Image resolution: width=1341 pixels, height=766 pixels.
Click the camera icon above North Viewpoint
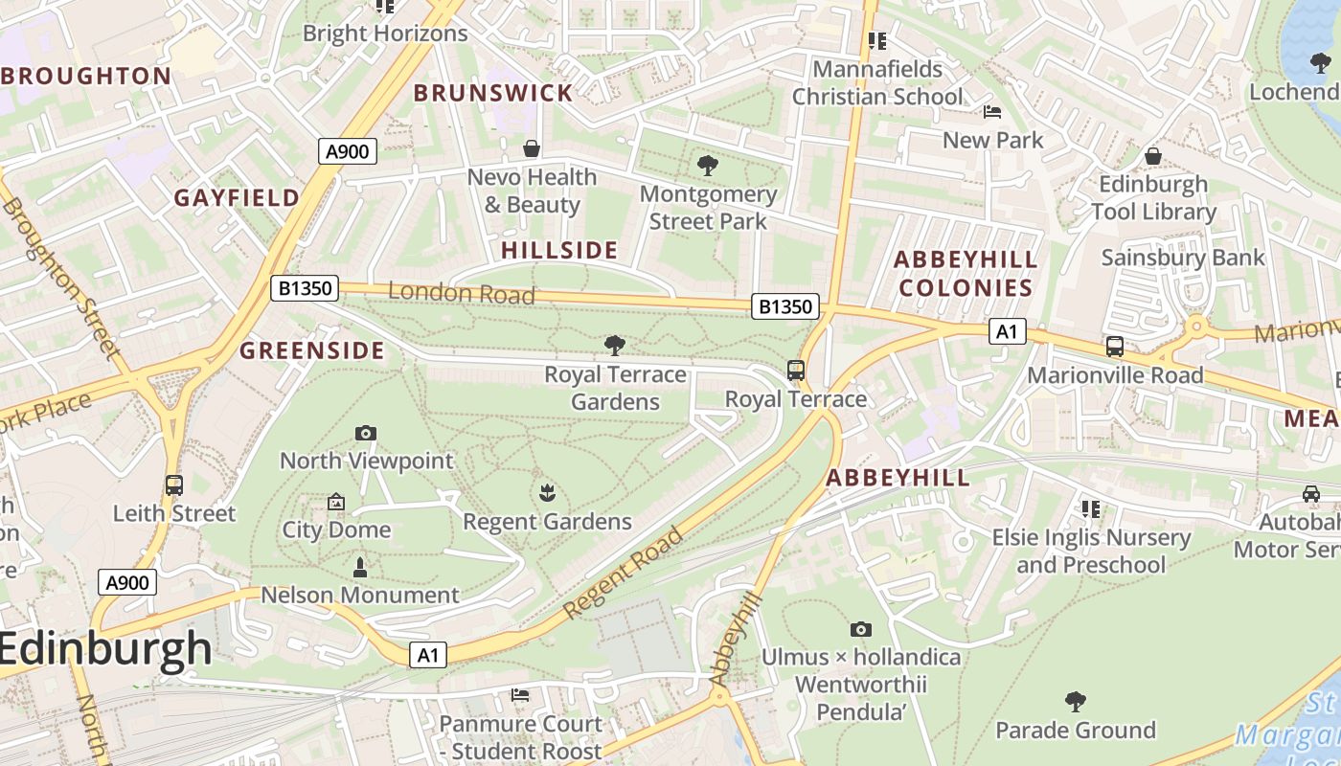coord(365,433)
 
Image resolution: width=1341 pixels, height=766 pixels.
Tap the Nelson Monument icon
coord(360,568)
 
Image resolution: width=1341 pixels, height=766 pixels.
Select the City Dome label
coord(336,529)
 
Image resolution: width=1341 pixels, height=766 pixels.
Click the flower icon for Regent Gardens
coord(547,493)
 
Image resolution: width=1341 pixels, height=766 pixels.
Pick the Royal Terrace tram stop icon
coord(795,371)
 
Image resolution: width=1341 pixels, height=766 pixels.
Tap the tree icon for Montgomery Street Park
coord(708,166)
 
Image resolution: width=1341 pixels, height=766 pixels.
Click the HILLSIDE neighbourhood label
coord(559,251)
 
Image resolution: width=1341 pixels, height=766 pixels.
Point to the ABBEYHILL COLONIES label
coord(966,274)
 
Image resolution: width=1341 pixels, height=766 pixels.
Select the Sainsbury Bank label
coord(1183,258)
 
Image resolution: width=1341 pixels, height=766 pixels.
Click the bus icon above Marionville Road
coord(1115,347)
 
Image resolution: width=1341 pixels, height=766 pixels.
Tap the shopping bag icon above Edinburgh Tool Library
coord(1153,155)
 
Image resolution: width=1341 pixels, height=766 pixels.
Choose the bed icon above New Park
coord(992,112)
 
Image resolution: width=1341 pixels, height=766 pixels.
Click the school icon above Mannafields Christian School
coord(876,41)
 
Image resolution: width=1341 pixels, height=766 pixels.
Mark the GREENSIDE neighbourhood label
coord(312,350)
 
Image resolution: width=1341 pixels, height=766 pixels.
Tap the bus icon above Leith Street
coord(173,485)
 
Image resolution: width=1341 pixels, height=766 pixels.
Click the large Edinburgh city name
coord(105,649)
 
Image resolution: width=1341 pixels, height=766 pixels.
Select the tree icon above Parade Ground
coord(1076,702)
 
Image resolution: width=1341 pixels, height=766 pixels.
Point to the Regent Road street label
coord(624,573)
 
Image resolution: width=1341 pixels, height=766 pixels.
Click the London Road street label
coord(461,293)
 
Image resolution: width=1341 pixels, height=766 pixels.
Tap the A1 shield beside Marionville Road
coord(1007,331)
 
